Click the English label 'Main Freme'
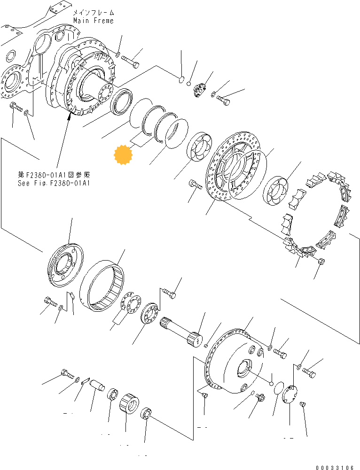93,21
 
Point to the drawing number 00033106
335,467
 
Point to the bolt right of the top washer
130,60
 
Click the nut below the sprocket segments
321,261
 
